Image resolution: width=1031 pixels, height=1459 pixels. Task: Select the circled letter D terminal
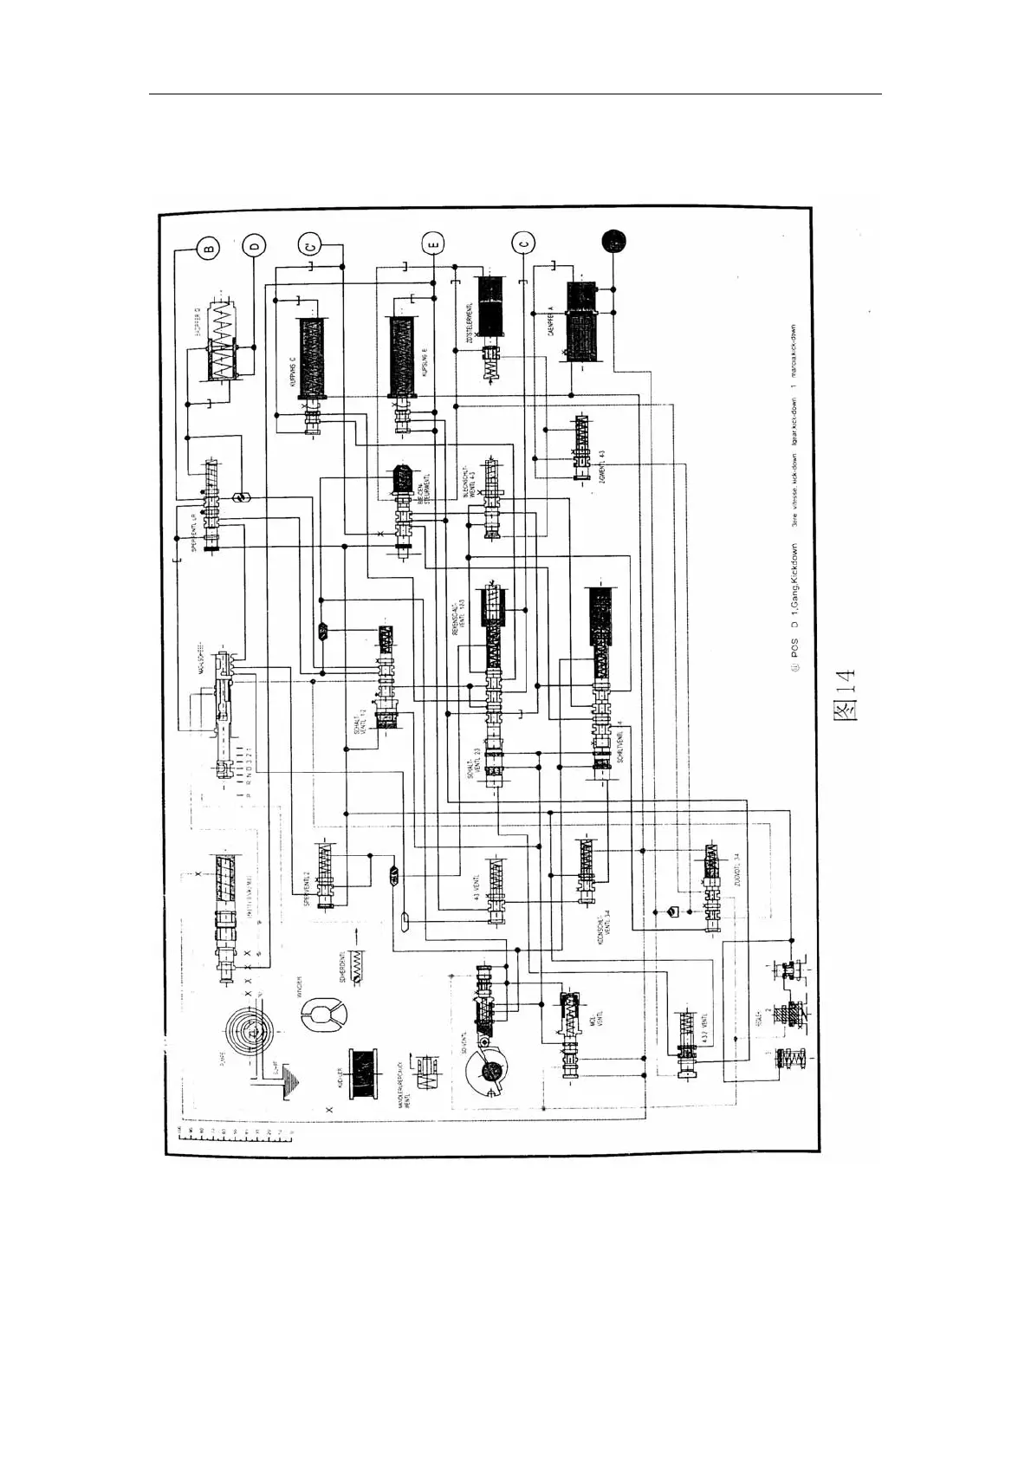255,247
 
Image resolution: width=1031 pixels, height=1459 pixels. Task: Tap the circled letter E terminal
434,245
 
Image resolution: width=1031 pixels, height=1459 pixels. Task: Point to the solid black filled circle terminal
614,242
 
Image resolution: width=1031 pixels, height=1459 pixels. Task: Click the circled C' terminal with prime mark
309,245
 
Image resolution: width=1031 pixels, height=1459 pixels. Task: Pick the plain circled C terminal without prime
523,244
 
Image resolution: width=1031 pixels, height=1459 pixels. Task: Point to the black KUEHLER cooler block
365,1074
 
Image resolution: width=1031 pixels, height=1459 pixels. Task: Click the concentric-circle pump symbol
251,1031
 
